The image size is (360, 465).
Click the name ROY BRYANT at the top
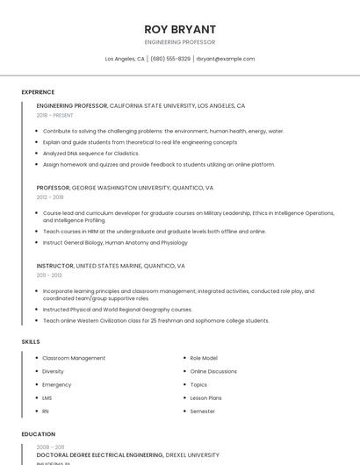[179, 29]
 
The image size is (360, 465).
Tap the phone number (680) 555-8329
[170, 59]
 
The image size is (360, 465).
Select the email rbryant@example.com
[226, 59]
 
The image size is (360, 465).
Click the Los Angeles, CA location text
[125, 59]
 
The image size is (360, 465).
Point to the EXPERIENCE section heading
[38, 92]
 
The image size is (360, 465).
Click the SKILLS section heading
[31, 341]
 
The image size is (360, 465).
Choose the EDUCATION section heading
[39, 434]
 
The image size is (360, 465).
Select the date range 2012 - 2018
[50, 197]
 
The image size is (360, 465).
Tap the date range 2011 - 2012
[49, 275]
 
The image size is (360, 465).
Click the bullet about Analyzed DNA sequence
[90, 154]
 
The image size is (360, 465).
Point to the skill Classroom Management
[74, 358]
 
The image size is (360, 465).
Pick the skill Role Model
[204, 358]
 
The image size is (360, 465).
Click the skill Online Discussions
[213, 371]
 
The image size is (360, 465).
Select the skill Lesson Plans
[205, 397]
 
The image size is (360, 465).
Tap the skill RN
[46, 411]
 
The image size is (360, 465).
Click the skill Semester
[203, 411]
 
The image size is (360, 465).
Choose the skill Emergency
[57, 384]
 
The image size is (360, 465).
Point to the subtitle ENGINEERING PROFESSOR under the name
[179, 42]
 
